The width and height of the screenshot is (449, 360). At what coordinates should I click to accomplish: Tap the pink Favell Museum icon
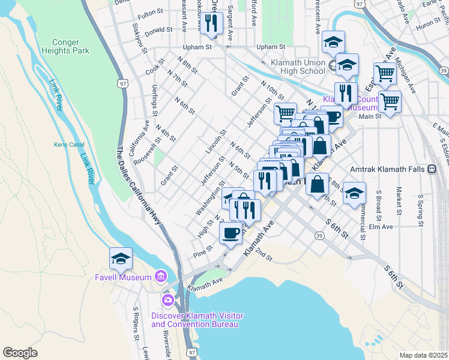pyautogui.click(x=161, y=277)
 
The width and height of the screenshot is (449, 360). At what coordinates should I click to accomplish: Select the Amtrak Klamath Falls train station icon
pyautogui.click(x=432, y=170)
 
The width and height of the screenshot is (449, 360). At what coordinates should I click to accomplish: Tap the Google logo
pyautogui.click(x=20, y=353)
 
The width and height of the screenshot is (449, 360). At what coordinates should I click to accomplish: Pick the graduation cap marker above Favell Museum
pyautogui.click(x=121, y=259)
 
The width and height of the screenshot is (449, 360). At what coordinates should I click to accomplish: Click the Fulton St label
pyautogui.click(x=151, y=12)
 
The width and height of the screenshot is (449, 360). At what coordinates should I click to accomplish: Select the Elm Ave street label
pyautogui.click(x=381, y=227)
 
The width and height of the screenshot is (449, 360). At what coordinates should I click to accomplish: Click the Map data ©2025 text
pyautogui.click(x=423, y=355)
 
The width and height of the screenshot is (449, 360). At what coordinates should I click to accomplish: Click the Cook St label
pyautogui.click(x=155, y=70)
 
